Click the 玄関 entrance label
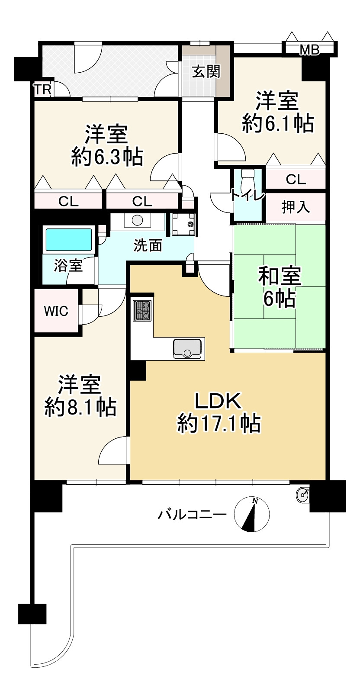coord(206,71)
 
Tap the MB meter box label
coord(309,51)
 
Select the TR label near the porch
coord(43,90)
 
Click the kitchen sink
coord(187,349)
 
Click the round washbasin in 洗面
coord(137,220)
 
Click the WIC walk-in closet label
coord(56,311)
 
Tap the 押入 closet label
coord(296,207)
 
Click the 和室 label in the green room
coord(279,276)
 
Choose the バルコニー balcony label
coord(192,515)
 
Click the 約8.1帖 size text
coord(80,407)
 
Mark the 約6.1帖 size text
coord(277,124)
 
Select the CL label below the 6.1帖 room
coord(296,179)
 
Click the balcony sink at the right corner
coord(303,494)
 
